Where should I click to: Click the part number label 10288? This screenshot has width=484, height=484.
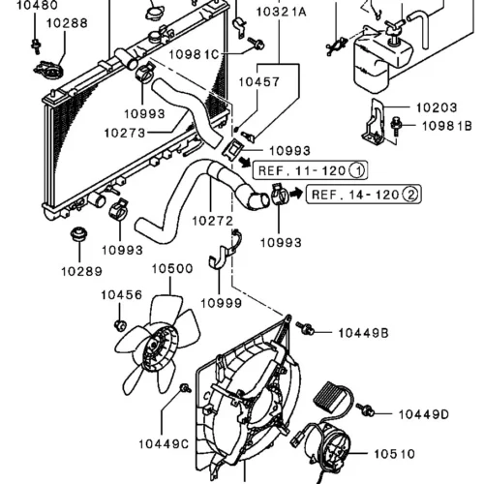tap(67, 23)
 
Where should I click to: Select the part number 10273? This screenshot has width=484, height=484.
tap(125, 133)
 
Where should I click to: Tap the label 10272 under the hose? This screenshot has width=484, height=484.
tap(212, 221)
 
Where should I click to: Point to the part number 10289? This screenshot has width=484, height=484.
tap(81, 271)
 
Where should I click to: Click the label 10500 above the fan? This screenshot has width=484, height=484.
tap(172, 268)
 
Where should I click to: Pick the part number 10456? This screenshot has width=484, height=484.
tap(121, 295)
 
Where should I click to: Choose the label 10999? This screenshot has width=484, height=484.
tap(221, 303)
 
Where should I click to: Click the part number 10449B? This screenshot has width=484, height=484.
tap(363, 333)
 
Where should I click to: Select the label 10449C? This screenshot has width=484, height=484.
tap(164, 444)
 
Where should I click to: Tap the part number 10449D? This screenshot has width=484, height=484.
tap(424, 414)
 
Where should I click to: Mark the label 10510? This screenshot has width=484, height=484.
tap(394, 454)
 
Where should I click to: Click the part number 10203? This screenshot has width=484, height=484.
tap(437, 107)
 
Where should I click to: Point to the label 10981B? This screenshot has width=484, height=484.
tap(447, 126)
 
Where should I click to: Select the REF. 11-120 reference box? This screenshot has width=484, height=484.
tap(310, 170)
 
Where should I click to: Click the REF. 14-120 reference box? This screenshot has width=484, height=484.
tap(363, 194)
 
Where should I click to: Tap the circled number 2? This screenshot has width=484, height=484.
tap(410, 195)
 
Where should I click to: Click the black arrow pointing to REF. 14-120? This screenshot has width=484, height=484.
tap(295, 194)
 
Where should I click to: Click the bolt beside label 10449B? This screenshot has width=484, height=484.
tap(305, 328)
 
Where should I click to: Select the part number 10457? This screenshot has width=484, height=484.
tap(258, 82)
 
